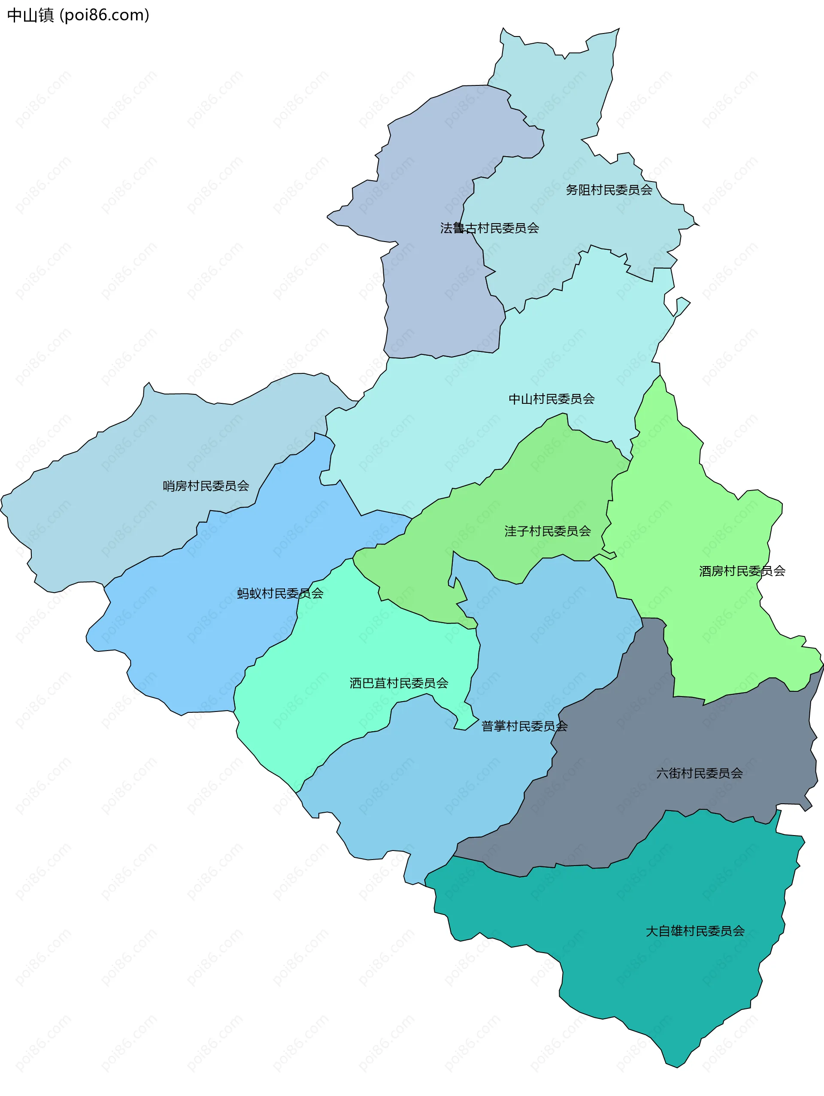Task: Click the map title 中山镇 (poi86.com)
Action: [78, 15]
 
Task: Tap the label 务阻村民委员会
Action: [609, 190]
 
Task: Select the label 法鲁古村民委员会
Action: [490, 228]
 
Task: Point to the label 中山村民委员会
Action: [551, 399]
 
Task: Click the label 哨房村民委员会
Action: [206, 486]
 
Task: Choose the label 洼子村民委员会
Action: [548, 531]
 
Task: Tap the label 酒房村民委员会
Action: [742, 571]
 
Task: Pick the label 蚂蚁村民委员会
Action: [280, 593]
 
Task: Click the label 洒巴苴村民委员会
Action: [399, 683]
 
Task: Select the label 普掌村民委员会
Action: [524, 727]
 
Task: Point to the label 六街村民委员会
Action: [699, 773]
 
